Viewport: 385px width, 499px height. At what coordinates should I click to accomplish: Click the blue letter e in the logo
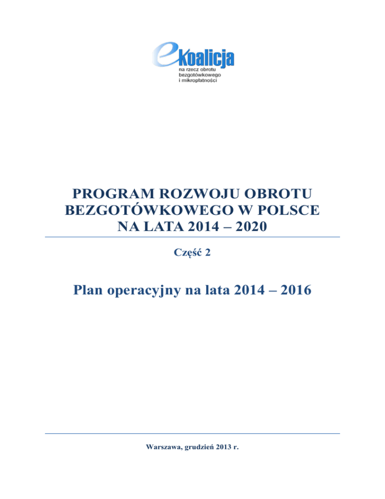pos(163,53)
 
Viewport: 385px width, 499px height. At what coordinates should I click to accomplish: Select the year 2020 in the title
pos(251,227)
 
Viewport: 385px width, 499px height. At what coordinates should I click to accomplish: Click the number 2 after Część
pos(208,254)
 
